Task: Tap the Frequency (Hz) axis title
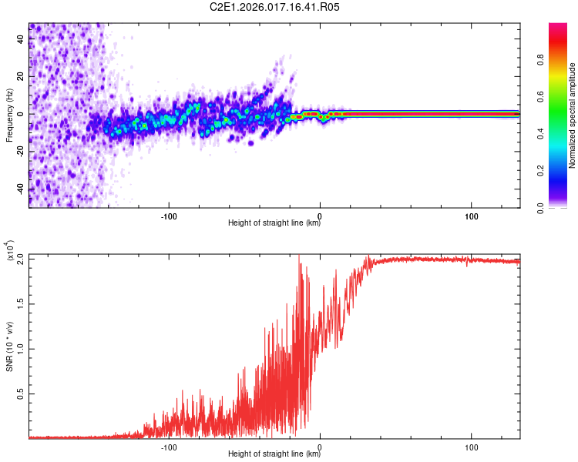click(x=9, y=115)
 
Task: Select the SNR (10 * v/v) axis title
click(x=9, y=346)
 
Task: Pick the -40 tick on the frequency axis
click(x=21, y=189)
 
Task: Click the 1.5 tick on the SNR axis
click(x=21, y=303)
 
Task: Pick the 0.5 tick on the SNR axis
click(x=21, y=393)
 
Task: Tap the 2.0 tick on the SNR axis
click(x=21, y=259)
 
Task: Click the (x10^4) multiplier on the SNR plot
click(x=11, y=251)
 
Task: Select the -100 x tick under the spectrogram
click(x=169, y=215)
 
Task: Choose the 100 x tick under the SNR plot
click(x=472, y=447)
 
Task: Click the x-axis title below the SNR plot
click(x=274, y=455)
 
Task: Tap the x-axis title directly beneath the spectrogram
click(x=274, y=223)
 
